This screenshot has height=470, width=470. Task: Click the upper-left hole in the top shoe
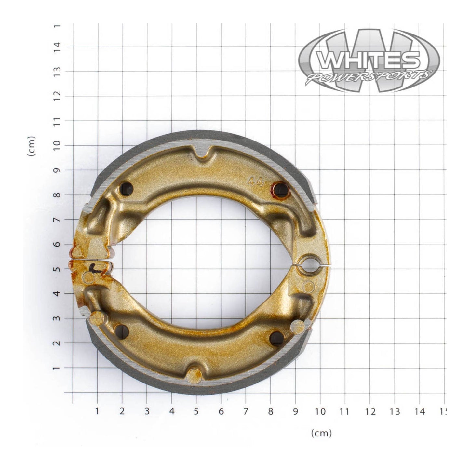[126, 188]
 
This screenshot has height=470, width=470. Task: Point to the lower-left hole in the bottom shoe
[122, 331]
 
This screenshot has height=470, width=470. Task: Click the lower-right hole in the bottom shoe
[276, 338]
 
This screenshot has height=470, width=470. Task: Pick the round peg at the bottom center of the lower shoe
[194, 376]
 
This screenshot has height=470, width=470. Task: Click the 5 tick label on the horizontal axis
[196, 411]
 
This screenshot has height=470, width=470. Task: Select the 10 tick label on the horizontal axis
[320, 411]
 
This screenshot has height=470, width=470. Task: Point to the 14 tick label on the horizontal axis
[420, 411]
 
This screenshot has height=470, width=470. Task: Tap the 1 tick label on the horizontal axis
[97, 411]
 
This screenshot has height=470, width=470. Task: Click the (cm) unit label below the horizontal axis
[321, 433]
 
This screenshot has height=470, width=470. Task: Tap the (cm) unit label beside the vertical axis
[32, 146]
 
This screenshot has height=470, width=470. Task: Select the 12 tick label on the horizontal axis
[370, 411]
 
